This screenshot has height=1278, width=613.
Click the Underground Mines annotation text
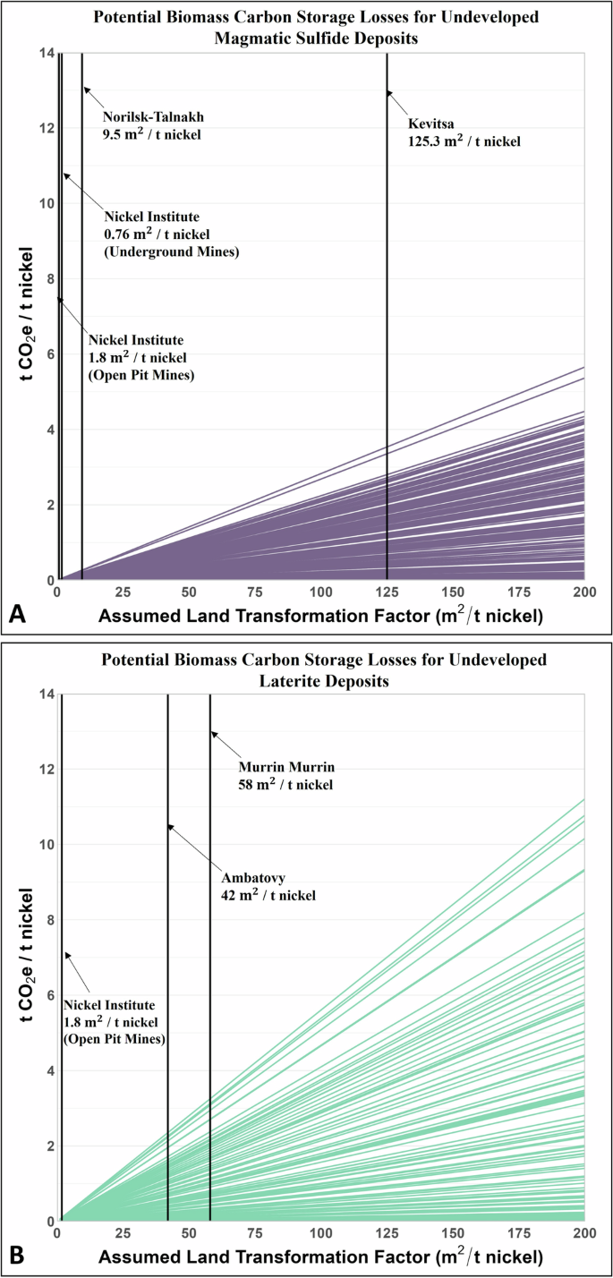point(171,253)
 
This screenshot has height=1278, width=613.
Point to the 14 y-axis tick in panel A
point(43,53)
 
